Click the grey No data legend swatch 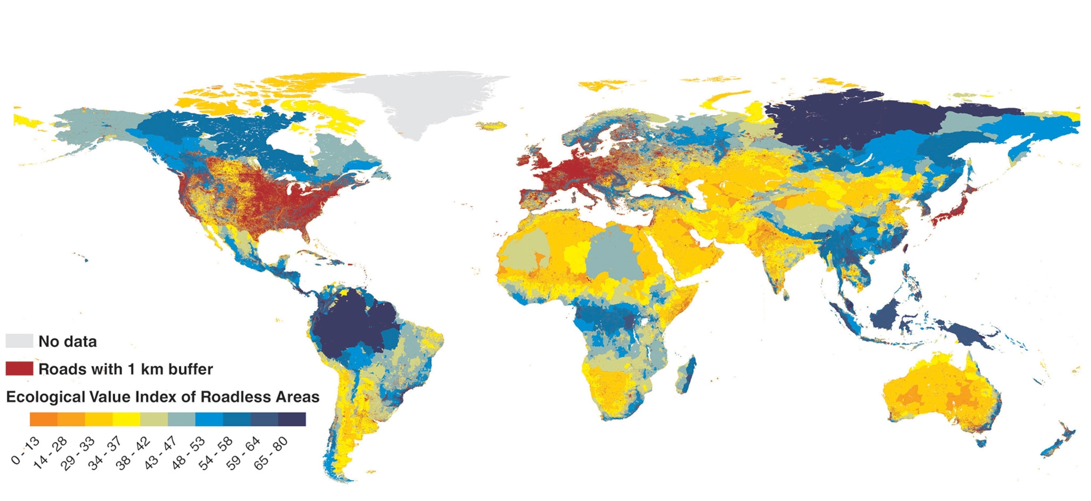19,341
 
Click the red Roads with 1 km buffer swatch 19,368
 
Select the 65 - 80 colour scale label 271,453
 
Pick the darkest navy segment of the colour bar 292,419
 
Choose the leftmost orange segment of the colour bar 43,419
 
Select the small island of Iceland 491,125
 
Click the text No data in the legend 67,341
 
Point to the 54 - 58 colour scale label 216,453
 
